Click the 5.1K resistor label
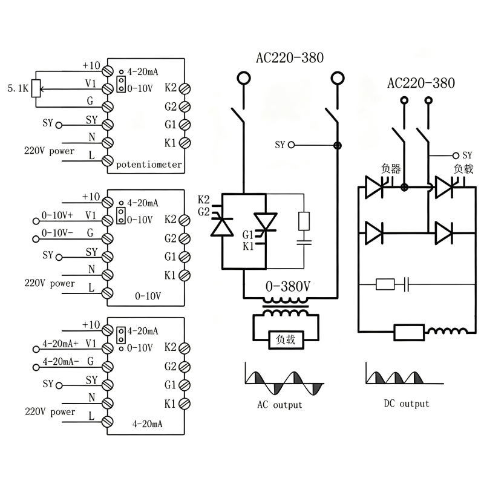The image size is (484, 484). [x=18, y=88]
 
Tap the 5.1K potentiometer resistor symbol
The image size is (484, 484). [x=36, y=88]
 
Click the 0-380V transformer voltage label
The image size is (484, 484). [x=288, y=286]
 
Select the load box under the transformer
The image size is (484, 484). [x=286, y=340]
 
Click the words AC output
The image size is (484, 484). [x=280, y=405]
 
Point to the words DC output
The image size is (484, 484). [x=407, y=404]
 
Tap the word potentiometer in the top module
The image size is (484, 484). [x=149, y=165]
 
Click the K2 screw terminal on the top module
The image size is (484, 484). [x=185, y=88]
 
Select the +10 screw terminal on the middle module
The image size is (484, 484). [x=108, y=203]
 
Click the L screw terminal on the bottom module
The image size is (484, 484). [x=108, y=422]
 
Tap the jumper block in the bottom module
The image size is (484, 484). [x=121, y=336]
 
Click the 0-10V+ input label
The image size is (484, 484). [x=57, y=215]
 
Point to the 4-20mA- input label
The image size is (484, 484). [x=60, y=361]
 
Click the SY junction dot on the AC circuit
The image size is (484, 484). [x=338, y=145]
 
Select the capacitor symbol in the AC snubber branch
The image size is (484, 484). [x=304, y=243]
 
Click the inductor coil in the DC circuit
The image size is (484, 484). [x=446, y=331]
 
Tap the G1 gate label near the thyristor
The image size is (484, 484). [x=248, y=235]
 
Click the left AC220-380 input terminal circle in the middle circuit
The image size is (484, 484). [x=244, y=78]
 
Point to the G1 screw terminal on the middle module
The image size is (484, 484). [x=185, y=257]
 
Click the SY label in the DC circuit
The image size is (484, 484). [x=467, y=155]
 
